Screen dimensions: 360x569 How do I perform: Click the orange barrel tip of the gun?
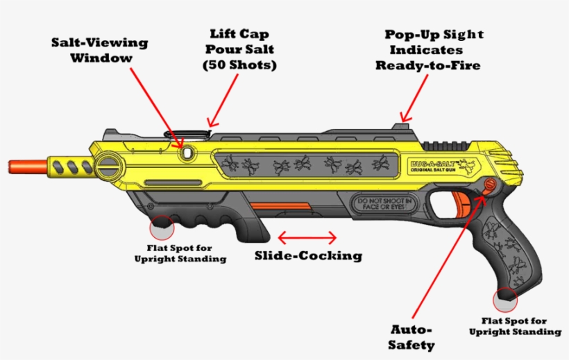point(20,165)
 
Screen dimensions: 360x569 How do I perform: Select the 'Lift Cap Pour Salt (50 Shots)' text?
point(239,49)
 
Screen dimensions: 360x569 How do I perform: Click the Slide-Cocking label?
point(308,255)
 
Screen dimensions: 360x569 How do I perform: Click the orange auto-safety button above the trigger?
point(489,185)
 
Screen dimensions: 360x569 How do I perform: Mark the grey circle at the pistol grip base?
point(506,299)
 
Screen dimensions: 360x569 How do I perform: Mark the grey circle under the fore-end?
point(162,226)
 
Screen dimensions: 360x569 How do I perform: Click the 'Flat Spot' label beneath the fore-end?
point(180,253)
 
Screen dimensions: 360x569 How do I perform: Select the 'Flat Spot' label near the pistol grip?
point(513,326)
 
